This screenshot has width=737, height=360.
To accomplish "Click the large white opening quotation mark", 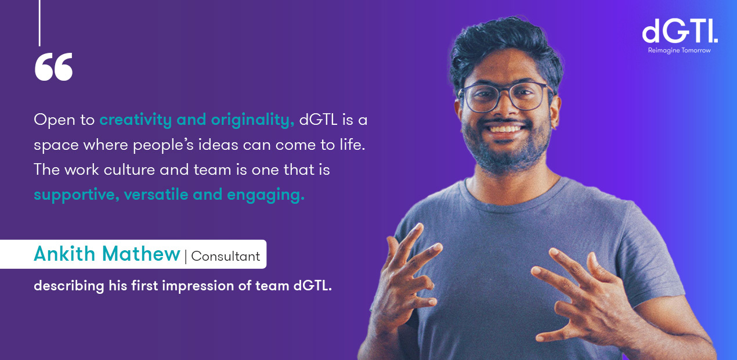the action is point(53,67).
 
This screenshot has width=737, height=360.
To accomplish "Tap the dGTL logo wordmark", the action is point(680,31).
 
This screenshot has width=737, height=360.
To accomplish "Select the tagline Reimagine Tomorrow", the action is point(680,51).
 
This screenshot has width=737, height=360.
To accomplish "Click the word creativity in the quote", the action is point(136,120).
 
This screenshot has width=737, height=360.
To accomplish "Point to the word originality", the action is point(252,120).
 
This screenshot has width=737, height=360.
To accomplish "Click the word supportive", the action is point(77,195).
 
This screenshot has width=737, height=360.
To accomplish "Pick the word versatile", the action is point(156,194).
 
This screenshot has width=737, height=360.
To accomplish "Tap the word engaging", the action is point(266,195).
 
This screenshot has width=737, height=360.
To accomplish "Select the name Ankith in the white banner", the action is point(65,254).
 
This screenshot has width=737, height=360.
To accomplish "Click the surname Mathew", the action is point(141,254).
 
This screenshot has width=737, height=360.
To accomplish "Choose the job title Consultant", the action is point(226,256).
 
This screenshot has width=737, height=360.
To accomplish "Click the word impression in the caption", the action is point(198,286).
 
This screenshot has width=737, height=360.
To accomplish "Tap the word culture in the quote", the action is point(129,170).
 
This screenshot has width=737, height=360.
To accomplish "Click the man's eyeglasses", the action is point(505,97).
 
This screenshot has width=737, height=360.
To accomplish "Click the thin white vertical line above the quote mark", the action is point(40,23).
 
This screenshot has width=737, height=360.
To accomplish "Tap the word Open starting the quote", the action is point(55,120).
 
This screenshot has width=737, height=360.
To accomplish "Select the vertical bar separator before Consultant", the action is point(186,257).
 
